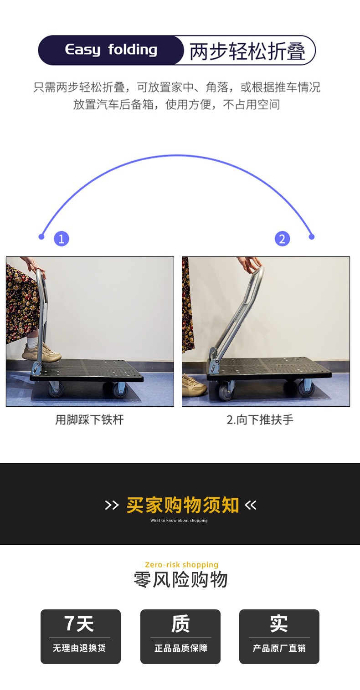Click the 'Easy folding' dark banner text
click(x=111, y=50)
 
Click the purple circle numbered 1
click(x=62, y=239)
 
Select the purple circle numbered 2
click(x=282, y=239)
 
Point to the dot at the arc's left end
click(x=41, y=236)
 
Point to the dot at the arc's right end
click(x=312, y=236)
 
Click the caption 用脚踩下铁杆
click(x=89, y=420)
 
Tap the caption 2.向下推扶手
click(x=260, y=420)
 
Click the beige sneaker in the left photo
click(x=41, y=352)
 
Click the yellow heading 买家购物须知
click(x=182, y=505)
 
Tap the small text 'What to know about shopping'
click(x=179, y=521)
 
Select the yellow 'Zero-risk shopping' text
click(x=181, y=565)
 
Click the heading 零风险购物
click(x=180, y=580)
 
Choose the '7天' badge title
click(x=80, y=624)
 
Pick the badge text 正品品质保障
click(x=180, y=648)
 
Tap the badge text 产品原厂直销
click(x=279, y=648)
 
